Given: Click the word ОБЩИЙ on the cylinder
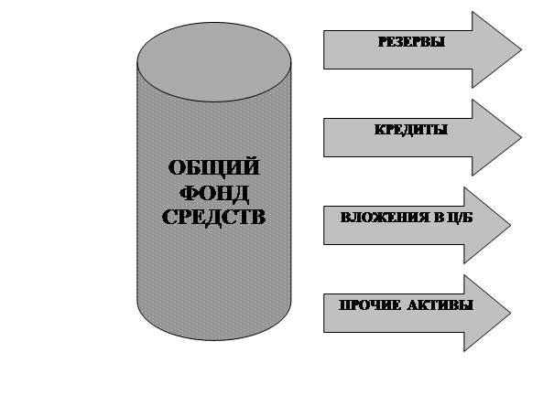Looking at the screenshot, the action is (x=214, y=168).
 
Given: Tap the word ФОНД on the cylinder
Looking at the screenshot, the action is (x=214, y=192).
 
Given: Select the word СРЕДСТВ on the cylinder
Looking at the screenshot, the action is (x=214, y=218).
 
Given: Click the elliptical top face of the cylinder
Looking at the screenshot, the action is (x=214, y=62).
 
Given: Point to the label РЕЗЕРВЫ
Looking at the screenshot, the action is (x=411, y=42).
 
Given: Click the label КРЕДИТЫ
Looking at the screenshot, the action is (x=411, y=130).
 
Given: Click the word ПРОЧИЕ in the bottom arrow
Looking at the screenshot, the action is (x=370, y=305).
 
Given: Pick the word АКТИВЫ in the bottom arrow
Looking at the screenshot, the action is (x=440, y=305).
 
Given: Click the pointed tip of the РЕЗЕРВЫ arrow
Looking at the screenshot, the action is (x=521, y=49).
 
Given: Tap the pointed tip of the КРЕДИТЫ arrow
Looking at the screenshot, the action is (x=521, y=138).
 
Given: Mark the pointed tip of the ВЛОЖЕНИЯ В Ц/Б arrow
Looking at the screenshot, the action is (x=510, y=226).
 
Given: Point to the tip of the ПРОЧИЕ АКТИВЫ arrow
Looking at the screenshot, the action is (x=510, y=313).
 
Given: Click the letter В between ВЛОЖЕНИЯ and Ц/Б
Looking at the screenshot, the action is (x=439, y=218).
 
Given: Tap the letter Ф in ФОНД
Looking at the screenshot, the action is (x=190, y=193).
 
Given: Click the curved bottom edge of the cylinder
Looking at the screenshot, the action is (x=214, y=340).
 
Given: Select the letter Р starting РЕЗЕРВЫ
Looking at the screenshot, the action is (x=382, y=42).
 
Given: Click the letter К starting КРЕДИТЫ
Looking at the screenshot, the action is (x=380, y=130).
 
